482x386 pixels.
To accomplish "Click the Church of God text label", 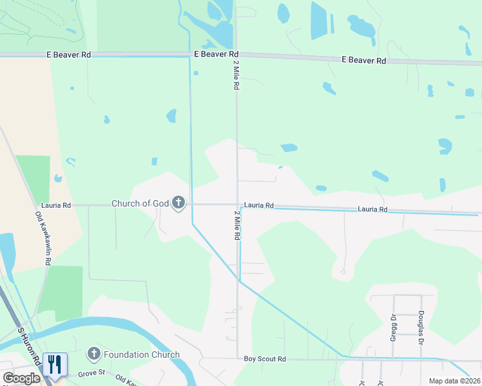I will [140, 203].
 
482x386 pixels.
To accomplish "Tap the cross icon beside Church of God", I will [178, 204].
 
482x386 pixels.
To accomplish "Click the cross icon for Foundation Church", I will [93, 354].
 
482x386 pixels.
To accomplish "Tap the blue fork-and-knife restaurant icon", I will [54, 363].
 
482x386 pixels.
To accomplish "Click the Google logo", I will [22, 378].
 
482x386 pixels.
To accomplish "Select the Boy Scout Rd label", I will [264, 360].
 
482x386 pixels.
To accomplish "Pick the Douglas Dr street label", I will [421, 325].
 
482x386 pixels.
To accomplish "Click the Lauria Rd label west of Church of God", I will [56, 205].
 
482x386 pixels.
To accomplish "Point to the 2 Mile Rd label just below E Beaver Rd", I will [236, 73].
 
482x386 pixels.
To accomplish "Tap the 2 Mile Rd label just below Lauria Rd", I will [236, 225].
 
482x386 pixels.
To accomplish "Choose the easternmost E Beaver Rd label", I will [363, 60].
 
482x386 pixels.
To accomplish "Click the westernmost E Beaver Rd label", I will [68, 55].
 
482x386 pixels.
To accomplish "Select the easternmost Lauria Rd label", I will [373, 209].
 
